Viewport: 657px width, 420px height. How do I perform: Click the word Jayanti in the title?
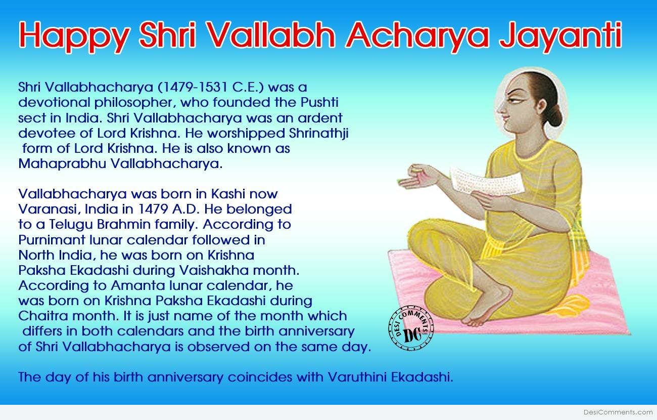[560, 37]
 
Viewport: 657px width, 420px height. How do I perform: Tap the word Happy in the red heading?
[74, 37]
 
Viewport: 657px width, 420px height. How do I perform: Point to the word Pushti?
[319, 102]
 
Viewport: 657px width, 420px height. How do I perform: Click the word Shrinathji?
[319, 134]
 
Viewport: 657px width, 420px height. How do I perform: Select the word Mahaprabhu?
[62, 164]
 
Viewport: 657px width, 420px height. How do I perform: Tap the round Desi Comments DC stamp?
[411, 328]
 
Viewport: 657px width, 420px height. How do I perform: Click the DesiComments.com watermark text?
[618, 412]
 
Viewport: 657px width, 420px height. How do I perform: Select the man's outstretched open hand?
[420, 178]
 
